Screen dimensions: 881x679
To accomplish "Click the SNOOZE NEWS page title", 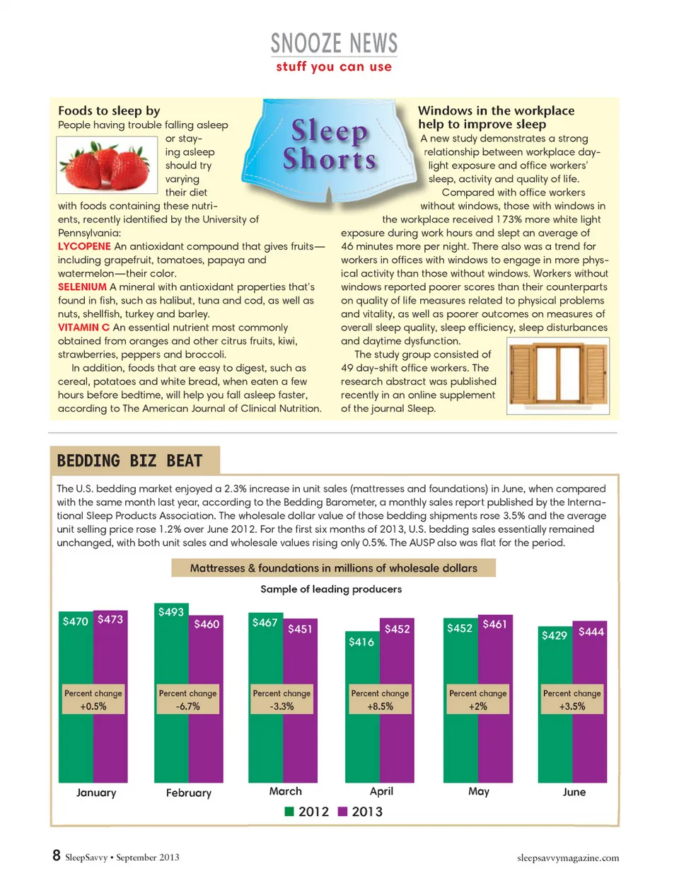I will click(334, 44).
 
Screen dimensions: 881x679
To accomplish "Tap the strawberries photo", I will click(107, 165).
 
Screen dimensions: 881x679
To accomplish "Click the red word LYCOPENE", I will click(84, 246).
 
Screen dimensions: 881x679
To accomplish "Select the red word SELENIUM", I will click(82, 287).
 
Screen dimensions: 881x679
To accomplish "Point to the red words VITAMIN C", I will click(83, 327).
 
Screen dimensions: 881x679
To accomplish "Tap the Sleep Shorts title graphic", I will click(330, 145).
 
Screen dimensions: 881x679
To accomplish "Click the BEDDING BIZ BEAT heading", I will click(129, 461).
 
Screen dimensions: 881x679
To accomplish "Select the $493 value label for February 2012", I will click(170, 612).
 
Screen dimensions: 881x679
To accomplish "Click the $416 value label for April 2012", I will click(361, 642).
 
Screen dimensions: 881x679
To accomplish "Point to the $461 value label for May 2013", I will click(494, 624).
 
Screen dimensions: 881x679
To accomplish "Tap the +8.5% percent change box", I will click(380, 699).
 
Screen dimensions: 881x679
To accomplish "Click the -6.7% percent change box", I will click(187, 699).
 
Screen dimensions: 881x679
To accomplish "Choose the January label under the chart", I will click(96, 793).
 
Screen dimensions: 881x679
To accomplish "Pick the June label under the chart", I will click(574, 792).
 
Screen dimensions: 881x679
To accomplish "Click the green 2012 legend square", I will click(289, 812).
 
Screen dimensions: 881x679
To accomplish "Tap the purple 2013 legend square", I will click(343, 812).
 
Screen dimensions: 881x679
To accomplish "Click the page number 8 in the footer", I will click(57, 856).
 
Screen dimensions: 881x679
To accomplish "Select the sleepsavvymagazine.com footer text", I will click(567, 858).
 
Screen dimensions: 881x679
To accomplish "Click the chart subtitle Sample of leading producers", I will click(331, 589).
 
